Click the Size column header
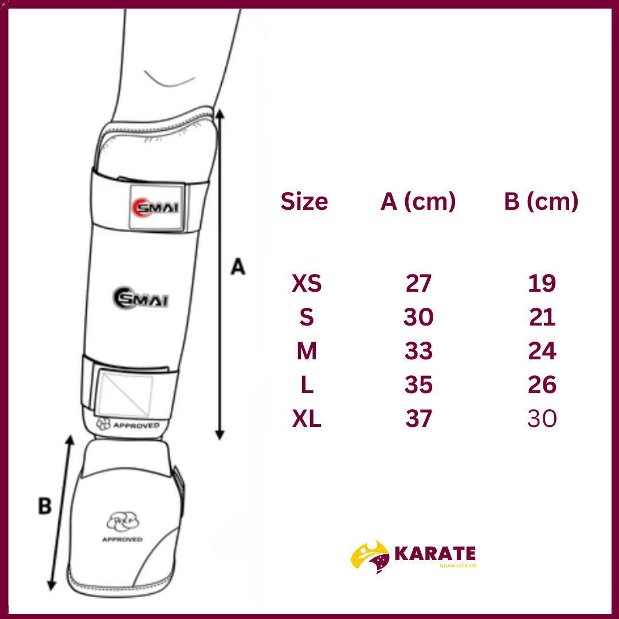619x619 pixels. pos(304,201)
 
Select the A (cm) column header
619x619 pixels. pos(418,202)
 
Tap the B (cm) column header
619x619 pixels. pos(541,202)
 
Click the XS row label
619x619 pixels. pos(307,283)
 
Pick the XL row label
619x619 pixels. pos(307,418)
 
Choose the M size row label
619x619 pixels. pos(307,351)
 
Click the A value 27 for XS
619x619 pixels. pos(418,283)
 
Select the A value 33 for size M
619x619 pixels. pos(418,351)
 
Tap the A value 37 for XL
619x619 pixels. pos(418,418)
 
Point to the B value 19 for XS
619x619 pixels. pos(542,283)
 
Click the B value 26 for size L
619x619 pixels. pos(542,385)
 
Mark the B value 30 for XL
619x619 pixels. pos(542,418)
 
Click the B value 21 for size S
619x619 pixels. pos(542,317)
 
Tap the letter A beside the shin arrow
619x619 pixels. pos(238,267)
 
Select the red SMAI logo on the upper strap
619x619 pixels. pos(155,207)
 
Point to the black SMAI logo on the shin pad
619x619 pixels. pos(141,298)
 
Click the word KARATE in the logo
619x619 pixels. pos(435,553)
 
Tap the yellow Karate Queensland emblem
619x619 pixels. pos(370,556)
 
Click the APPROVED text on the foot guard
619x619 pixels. pos(122,539)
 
